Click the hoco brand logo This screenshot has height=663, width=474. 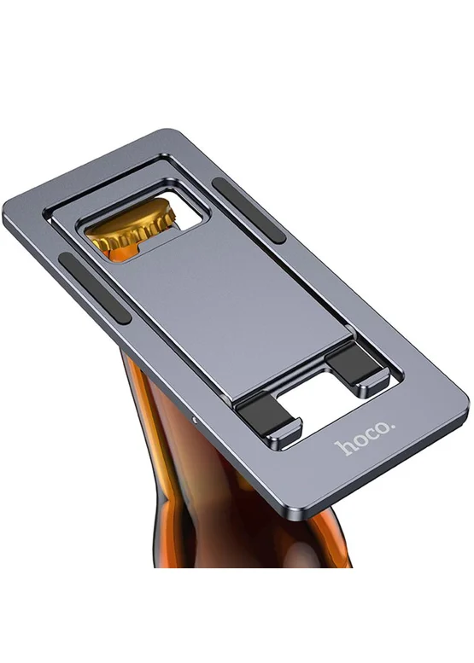[365, 438]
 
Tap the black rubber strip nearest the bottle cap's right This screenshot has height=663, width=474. [249, 211]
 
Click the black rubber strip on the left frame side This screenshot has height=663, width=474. [95, 288]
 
